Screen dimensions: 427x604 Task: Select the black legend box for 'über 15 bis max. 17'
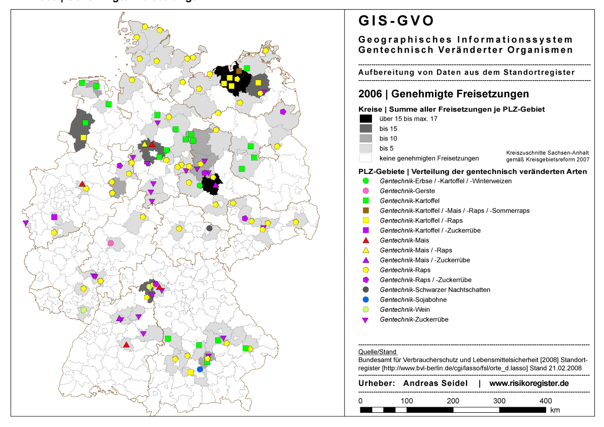365,119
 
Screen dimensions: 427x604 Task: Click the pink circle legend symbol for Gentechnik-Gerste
365,191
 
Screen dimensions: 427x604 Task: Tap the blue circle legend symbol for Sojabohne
365,300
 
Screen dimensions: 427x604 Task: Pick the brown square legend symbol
365,210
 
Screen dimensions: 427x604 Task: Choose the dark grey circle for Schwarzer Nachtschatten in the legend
365,290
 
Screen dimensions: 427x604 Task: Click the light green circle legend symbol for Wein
365,309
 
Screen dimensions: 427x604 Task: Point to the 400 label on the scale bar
545,401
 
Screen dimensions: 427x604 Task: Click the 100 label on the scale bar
406,401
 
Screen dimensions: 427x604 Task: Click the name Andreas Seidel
435,383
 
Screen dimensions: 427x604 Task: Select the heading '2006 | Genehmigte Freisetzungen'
444,94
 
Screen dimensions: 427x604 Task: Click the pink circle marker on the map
111,243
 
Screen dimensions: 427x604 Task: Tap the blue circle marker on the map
199,369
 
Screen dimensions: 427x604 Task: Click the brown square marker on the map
239,72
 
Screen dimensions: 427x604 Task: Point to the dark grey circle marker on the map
209,228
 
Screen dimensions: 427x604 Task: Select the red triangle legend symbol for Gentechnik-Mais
365,240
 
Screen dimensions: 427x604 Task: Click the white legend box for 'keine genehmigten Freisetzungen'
365,157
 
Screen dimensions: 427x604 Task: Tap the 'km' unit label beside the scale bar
555,410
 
